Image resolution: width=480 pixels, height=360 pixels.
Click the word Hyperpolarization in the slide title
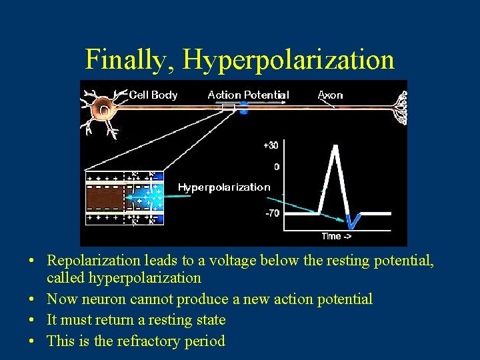click(289, 60)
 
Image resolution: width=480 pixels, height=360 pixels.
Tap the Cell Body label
click(153, 95)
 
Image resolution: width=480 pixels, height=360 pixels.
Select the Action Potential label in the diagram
click(248, 95)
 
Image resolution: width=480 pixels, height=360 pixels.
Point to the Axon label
click(330, 95)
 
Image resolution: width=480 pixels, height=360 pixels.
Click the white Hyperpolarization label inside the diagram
click(224, 187)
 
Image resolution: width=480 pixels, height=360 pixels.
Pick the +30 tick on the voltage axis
click(271, 145)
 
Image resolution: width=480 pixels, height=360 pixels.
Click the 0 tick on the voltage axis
click(276, 167)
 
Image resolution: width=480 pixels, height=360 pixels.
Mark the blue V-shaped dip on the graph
click(353, 219)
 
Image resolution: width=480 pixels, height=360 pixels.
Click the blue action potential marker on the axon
click(243, 107)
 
